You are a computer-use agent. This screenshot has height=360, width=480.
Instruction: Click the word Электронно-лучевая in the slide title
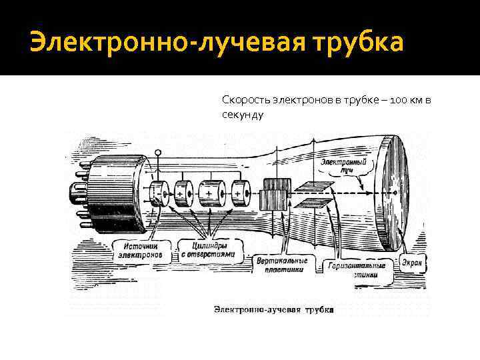[157, 42]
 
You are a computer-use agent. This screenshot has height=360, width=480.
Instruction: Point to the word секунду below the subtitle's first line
[243, 115]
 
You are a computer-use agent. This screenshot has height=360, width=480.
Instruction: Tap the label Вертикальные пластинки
[282, 265]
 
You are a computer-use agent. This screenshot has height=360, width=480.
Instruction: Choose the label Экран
[411, 263]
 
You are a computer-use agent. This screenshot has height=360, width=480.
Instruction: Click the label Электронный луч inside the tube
[342, 166]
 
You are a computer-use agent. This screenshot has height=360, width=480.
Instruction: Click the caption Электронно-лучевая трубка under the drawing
[274, 309]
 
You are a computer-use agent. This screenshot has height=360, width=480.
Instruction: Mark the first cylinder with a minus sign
[158, 193]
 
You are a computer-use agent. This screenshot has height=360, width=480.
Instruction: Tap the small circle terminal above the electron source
[158, 153]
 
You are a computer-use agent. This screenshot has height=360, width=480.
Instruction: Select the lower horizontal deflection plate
[313, 203]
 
